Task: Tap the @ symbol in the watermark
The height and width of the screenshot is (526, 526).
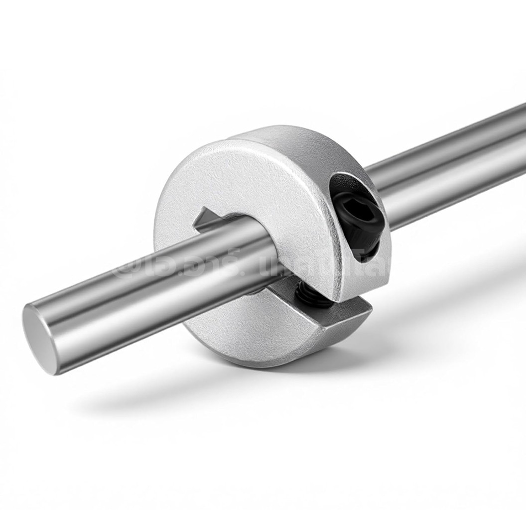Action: coord(131,269)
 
